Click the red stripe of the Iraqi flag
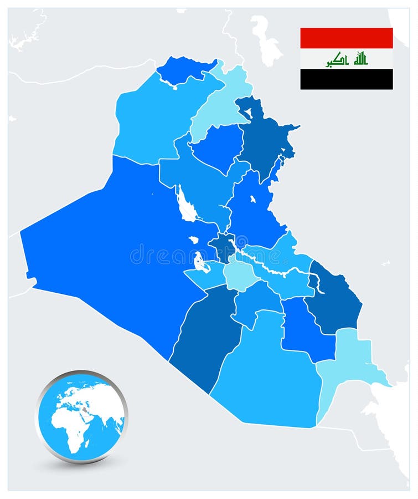tap(347, 38)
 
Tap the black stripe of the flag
tap(347, 79)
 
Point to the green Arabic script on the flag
tap(347, 59)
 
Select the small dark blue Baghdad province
tap(223, 245)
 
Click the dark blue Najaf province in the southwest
tap(205, 338)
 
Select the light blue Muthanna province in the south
tap(266, 377)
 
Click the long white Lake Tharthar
tap(185, 205)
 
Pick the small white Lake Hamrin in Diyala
tap(252, 199)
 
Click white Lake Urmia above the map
tap(266, 39)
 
